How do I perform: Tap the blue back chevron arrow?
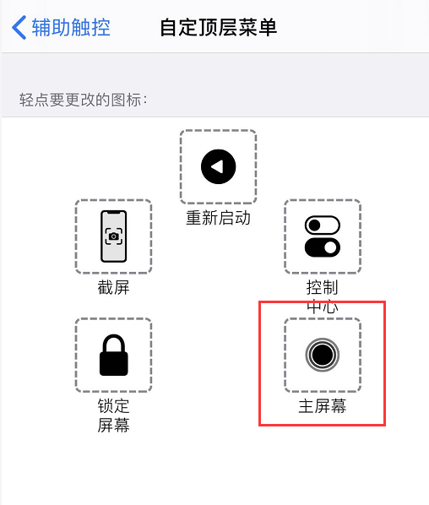pos(19,28)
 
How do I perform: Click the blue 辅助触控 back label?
pos(71,28)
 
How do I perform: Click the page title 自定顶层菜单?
pos(219,28)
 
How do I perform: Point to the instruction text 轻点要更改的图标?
pos(84,100)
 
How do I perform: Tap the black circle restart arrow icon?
pos(218,166)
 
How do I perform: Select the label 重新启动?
pos(218,218)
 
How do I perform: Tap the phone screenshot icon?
pos(113,236)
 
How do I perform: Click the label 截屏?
pos(113,288)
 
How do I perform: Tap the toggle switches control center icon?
pos(322,236)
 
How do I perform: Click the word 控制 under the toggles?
pos(322,288)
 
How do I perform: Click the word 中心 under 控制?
pos(322,307)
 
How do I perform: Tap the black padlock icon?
pos(113,356)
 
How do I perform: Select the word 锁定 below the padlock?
pos(113,406)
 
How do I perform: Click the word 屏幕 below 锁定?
pos(113,425)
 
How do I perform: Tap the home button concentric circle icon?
pos(322,355)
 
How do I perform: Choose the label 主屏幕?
pos(322,406)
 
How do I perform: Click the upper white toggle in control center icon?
pos(322,225)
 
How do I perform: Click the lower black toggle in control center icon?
pos(322,247)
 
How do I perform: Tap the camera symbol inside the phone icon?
pos(113,236)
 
